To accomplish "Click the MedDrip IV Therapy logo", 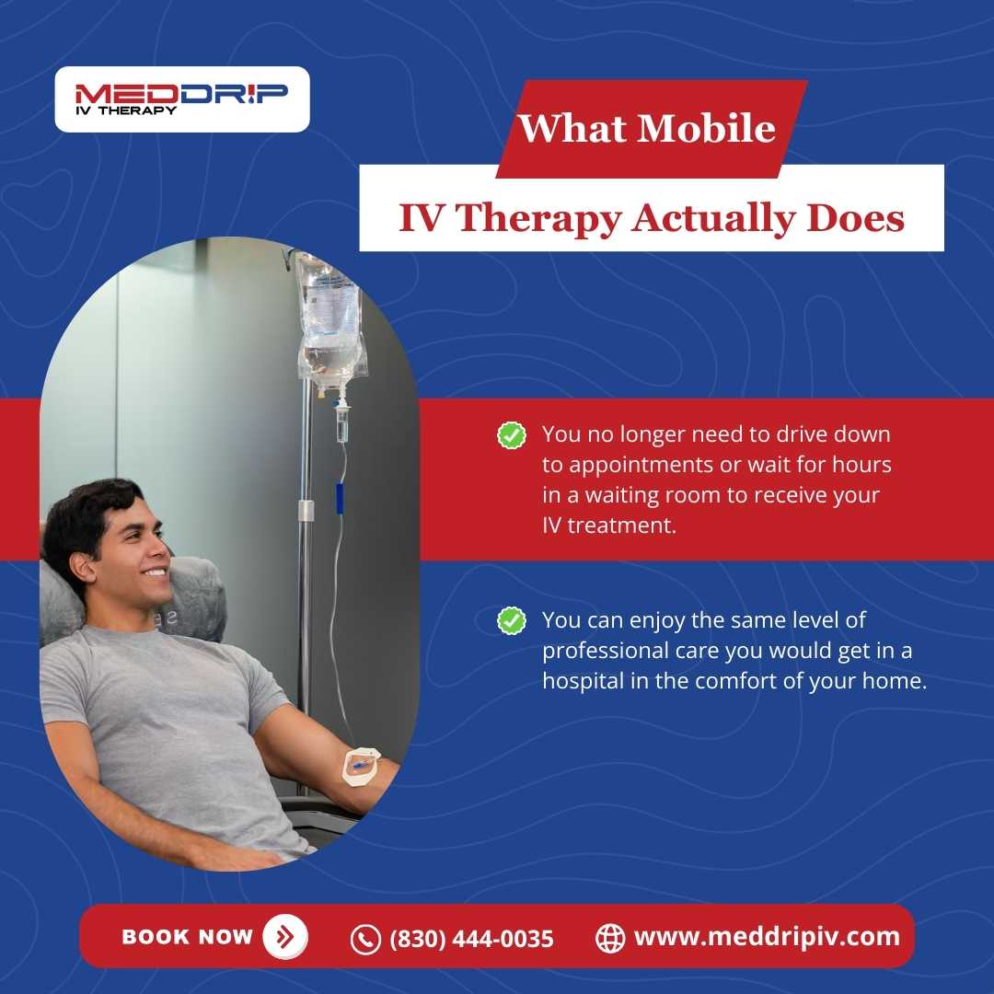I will pos(181,98).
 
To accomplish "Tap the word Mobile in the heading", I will pos(706,127).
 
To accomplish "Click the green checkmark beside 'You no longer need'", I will pos(511,435).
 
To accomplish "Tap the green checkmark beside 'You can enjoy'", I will pos(511,620).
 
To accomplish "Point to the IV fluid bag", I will pos(329,322).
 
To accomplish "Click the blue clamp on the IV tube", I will pos(339,497).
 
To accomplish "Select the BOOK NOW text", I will pos(187,937).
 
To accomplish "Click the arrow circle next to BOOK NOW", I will pos(285,937).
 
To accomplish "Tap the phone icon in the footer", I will pos(365,939).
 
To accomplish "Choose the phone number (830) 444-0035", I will pos(472,939).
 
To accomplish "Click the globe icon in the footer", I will pos(610,938).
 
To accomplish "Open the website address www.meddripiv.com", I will pos(767,937).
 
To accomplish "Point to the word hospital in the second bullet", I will pos(580,682).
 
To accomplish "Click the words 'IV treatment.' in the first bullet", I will pos(603,526).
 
